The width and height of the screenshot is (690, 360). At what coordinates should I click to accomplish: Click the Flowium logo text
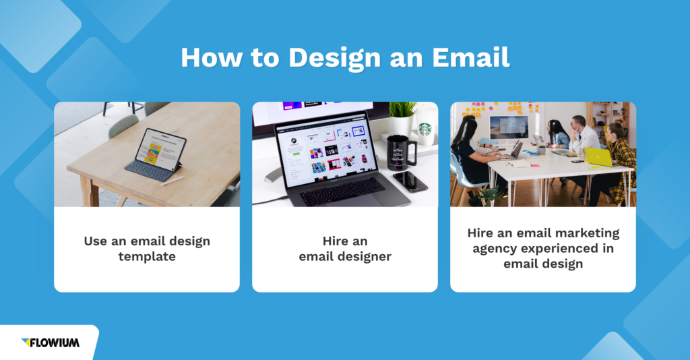[55, 342]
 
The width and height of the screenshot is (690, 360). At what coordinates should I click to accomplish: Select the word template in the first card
[146, 257]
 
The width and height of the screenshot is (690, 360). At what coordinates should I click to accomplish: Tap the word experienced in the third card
[562, 248]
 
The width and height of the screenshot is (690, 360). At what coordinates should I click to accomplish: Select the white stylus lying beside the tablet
[172, 180]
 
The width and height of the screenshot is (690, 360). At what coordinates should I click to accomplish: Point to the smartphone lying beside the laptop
[410, 181]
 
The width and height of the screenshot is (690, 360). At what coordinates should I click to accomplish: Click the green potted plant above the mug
[403, 110]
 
